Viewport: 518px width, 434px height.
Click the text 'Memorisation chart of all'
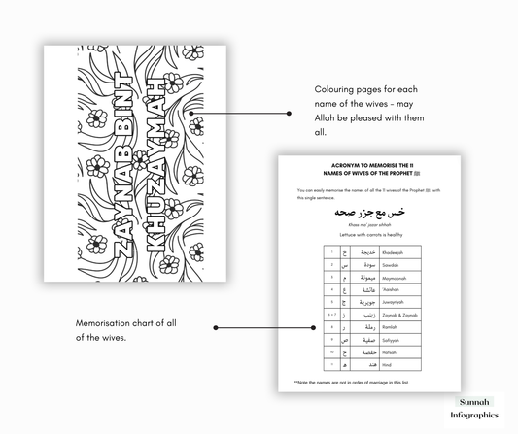point(121,323)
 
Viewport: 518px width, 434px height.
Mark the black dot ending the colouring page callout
point(289,113)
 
